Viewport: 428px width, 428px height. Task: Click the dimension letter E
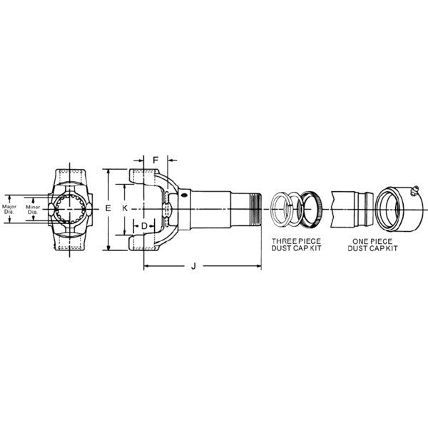pyautogui.click(x=108, y=208)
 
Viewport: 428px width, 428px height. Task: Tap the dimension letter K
pyautogui.click(x=124, y=208)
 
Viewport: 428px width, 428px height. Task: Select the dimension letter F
pyautogui.click(x=156, y=161)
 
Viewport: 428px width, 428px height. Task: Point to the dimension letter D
pyautogui.click(x=144, y=226)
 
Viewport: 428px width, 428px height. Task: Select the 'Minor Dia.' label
pyautogui.click(x=32, y=208)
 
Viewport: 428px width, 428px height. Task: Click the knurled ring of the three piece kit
pyautogui.click(x=312, y=208)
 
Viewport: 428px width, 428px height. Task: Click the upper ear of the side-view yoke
pyautogui.click(x=143, y=175)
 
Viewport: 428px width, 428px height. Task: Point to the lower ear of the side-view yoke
pyautogui.click(x=143, y=242)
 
